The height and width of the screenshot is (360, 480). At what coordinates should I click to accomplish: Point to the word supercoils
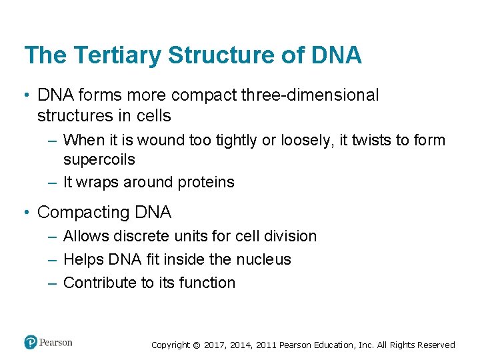[99, 159]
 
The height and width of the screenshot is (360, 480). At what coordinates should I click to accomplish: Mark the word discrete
[140, 236]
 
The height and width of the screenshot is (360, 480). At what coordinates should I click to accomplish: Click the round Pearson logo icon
[31, 343]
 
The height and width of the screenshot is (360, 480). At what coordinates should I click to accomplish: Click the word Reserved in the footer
[436, 345]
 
